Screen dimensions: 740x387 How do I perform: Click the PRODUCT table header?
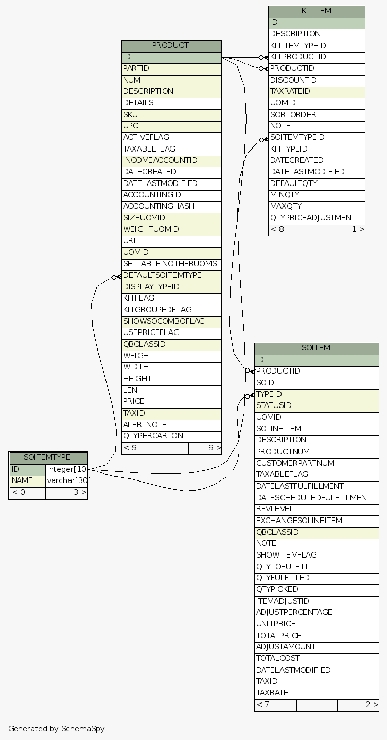(x=171, y=46)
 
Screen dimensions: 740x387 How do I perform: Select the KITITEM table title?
(x=316, y=11)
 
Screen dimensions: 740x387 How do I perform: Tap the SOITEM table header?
(x=316, y=348)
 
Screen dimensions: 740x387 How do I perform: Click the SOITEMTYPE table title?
(x=48, y=458)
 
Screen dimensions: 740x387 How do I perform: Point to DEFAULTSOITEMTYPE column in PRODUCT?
(x=162, y=276)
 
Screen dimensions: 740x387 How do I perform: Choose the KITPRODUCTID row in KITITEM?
(x=298, y=57)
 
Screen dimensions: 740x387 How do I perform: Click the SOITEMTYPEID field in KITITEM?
(x=297, y=138)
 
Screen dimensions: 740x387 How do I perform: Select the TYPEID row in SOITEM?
(x=269, y=394)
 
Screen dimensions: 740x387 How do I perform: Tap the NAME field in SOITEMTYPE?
(x=22, y=480)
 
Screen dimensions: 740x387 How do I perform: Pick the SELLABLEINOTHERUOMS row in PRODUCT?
(x=170, y=264)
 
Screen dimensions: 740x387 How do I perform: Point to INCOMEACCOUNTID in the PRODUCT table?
(x=160, y=161)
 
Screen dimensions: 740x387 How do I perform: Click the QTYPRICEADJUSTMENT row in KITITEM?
(x=313, y=218)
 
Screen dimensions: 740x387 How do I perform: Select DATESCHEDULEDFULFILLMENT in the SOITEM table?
(x=313, y=498)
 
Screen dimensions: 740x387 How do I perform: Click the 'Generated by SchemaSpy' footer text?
(x=56, y=729)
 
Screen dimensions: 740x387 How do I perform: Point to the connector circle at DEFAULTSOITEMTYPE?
(x=115, y=277)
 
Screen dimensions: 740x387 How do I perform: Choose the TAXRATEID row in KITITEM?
(x=290, y=92)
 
